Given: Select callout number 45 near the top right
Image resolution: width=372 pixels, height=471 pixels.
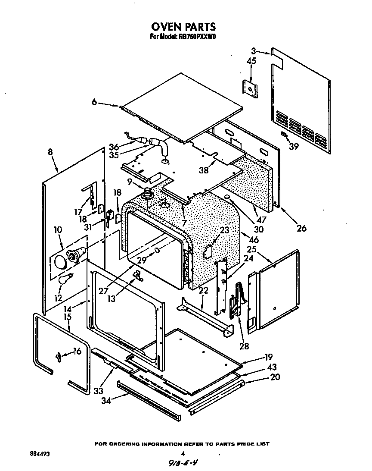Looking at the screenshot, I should [x=251, y=61].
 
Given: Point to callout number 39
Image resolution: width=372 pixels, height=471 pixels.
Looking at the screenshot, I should [x=294, y=146].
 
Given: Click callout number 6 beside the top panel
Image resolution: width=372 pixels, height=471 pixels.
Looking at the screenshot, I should [x=95, y=102].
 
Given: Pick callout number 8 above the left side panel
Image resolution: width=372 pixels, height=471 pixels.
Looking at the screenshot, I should [x=50, y=152].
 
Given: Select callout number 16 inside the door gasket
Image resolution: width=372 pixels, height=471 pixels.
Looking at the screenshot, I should [x=77, y=352].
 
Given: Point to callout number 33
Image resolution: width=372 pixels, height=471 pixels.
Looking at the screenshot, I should [x=99, y=391].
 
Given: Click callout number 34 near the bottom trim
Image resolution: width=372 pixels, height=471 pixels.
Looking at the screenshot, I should [x=106, y=400].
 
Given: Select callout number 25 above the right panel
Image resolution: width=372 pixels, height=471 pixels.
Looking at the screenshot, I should [x=252, y=250].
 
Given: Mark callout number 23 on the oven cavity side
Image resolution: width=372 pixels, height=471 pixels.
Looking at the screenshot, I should [x=224, y=230].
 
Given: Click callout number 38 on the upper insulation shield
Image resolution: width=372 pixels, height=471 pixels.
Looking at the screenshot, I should [x=203, y=170].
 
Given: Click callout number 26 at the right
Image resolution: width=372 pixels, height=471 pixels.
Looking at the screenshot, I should [x=301, y=228].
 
